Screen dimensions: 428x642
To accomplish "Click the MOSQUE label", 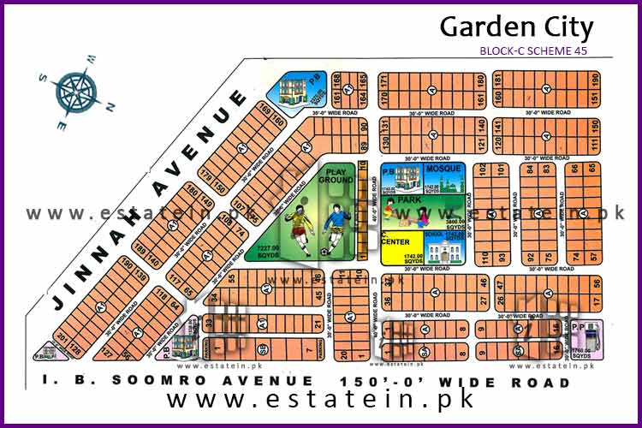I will (442, 169).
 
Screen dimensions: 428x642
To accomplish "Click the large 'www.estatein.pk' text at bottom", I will (320, 401).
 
